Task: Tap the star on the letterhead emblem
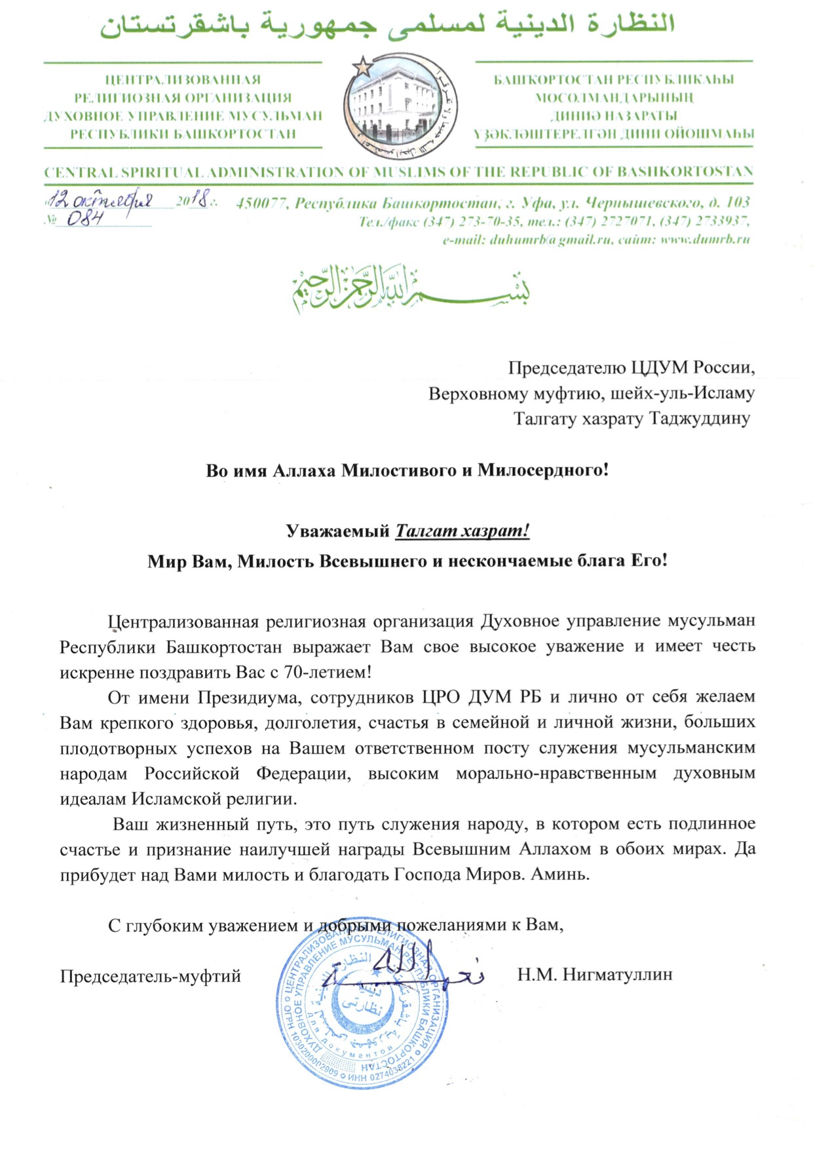pos(361,65)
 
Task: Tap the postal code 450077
pos(261,203)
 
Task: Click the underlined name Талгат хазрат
pos(462,531)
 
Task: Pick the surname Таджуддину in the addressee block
pos(699,419)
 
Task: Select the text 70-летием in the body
pos(330,672)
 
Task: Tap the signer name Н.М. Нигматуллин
pos(594,975)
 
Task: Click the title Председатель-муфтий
pos(151,977)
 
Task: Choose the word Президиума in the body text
pos(248,697)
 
